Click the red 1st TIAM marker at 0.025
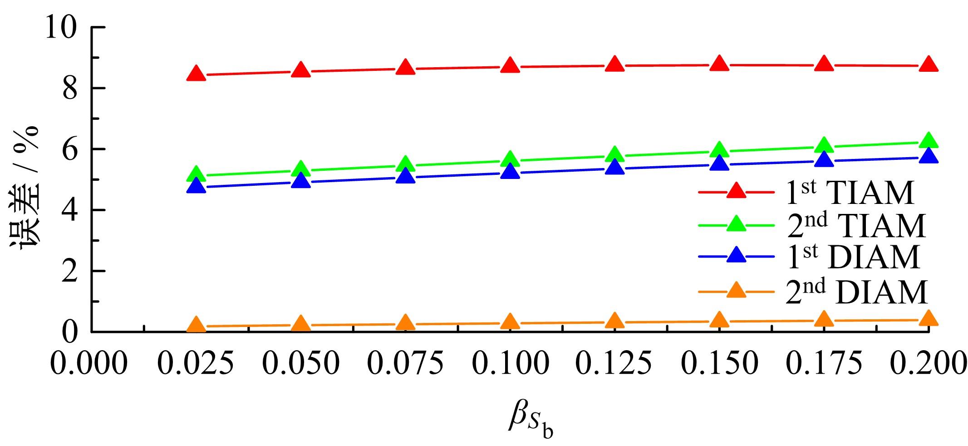(197, 74)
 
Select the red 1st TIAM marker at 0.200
(928, 64)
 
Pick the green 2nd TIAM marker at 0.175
(824, 146)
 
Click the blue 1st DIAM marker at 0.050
(301, 181)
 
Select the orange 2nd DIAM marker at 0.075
(405, 323)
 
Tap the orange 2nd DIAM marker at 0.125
(615, 321)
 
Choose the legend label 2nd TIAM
(855, 226)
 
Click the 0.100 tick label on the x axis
(510, 364)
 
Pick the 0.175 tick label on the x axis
(824, 364)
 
